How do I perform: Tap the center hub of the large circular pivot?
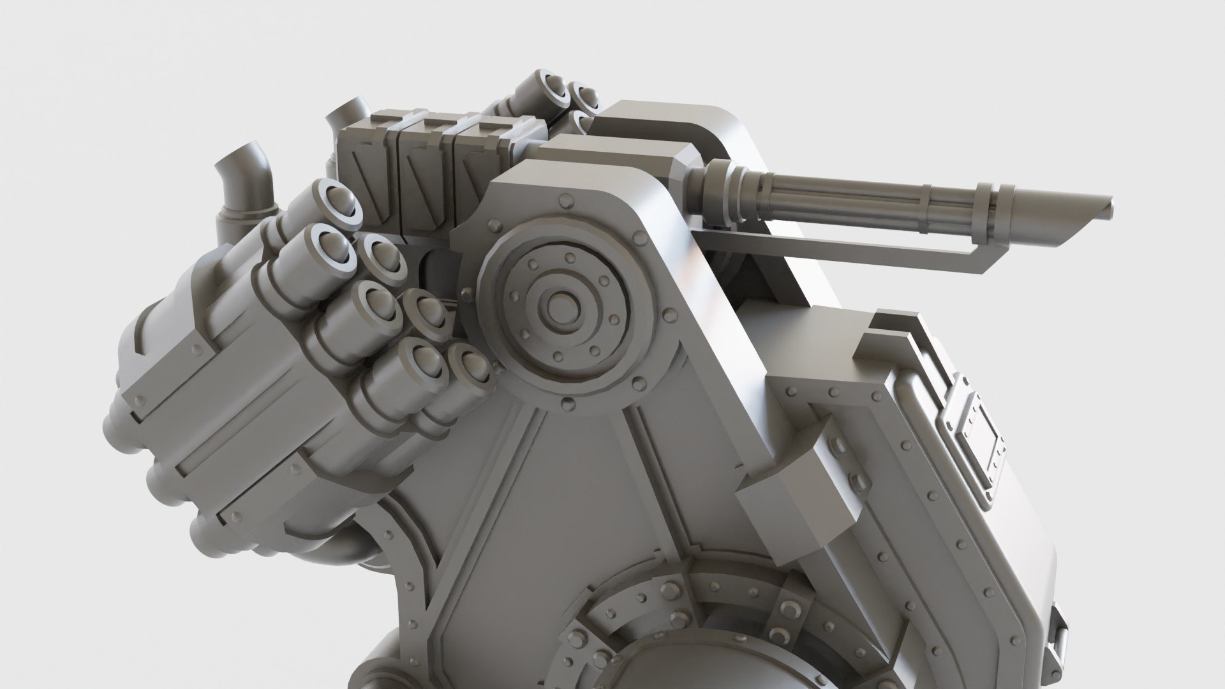pyautogui.click(x=560, y=299)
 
